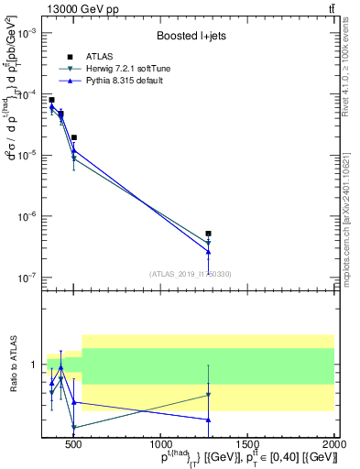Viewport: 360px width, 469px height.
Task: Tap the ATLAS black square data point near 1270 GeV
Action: click(x=209, y=234)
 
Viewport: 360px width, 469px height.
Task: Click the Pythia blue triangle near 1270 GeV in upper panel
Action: click(x=209, y=252)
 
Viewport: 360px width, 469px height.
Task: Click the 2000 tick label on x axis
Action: click(x=334, y=444)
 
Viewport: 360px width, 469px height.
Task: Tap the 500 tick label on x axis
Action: click(x=73, y=444)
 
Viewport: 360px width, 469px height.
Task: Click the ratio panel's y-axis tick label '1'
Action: click(x=37, y=365)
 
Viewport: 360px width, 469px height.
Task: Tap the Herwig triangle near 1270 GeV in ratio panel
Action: click(x=209, y=395)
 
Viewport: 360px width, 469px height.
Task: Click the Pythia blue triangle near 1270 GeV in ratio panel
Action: click(x=209, y=420)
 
